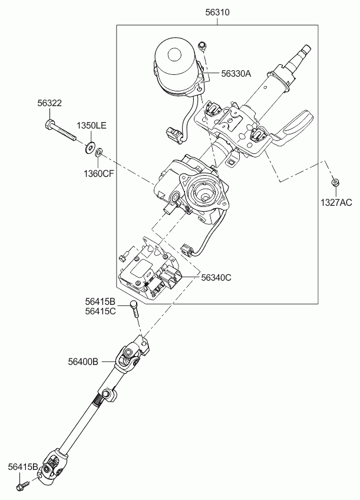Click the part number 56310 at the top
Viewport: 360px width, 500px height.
217,12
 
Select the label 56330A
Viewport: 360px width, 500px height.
236,74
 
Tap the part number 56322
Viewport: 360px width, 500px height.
49,103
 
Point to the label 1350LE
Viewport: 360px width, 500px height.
91,126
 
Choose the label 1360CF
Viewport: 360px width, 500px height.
99,173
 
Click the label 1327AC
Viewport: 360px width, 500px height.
336,202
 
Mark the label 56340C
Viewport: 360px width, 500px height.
216,278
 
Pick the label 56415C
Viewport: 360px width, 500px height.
100,311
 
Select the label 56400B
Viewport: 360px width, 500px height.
83,361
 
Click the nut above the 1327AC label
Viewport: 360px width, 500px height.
334,182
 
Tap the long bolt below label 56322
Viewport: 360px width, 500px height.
60,130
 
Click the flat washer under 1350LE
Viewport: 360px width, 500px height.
89,147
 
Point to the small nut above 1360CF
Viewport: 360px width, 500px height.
99,152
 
